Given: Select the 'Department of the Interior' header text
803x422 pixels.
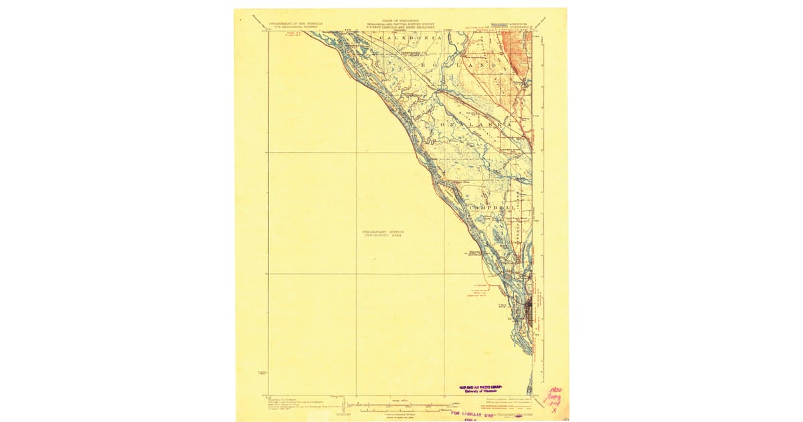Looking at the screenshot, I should pos(295,23).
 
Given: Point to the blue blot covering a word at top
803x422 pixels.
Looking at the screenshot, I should pos(495,23).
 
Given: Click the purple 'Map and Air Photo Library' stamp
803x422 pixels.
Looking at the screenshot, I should pos(481,389).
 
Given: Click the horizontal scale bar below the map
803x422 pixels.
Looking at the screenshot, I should pos(401,406).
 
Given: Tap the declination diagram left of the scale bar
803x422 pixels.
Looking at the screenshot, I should pos(343,406).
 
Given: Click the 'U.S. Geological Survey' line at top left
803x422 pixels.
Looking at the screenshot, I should pos(295,27).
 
